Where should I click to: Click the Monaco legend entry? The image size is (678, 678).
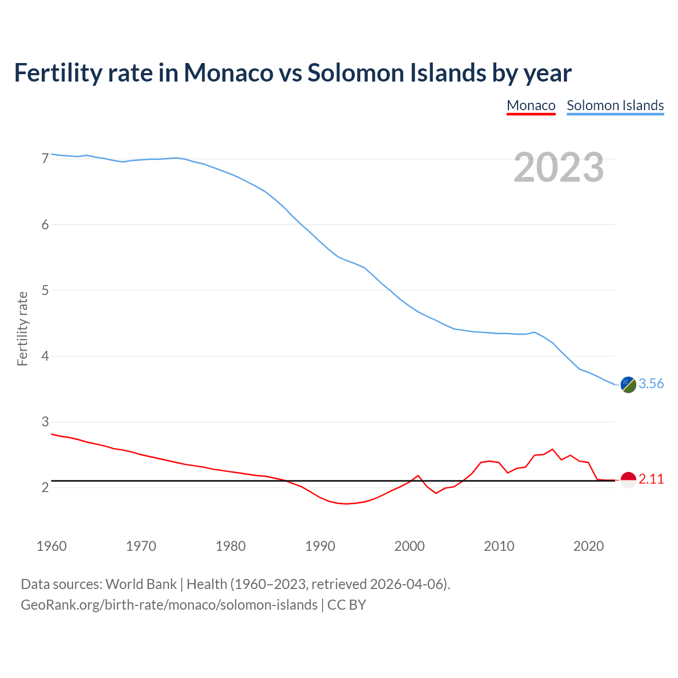531,105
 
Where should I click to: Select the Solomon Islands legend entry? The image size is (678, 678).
615,105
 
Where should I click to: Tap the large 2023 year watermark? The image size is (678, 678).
558,167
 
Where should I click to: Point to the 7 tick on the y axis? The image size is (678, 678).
45,158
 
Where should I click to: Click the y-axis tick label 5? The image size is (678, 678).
45,290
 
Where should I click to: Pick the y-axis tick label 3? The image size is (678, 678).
45,422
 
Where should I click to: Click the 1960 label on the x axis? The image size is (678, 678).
51,546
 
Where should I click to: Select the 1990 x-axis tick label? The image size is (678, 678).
320,546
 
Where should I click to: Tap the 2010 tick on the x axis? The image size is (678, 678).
499,546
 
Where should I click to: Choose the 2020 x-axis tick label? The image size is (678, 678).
588,546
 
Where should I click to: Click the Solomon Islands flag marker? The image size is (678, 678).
628,385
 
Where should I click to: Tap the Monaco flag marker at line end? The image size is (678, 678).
628,480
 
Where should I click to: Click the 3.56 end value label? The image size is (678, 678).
651,384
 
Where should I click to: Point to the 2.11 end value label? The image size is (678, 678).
651,479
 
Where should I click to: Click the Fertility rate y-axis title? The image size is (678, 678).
22,328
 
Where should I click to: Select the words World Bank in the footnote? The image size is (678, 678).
141,584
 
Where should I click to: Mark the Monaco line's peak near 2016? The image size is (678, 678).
552,449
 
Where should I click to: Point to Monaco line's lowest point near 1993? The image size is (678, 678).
347,504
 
